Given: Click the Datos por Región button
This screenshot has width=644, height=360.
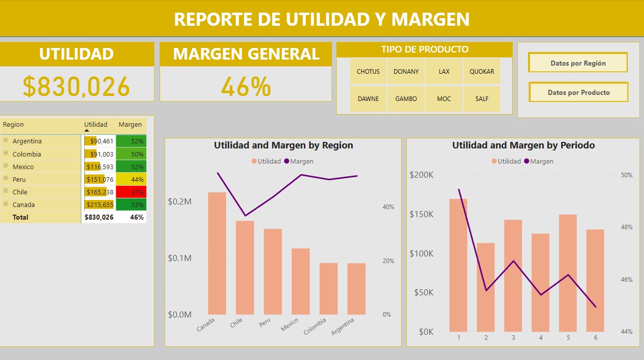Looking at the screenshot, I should tap(578, 63).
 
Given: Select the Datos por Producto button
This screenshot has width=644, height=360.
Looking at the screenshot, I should tap(578, 92).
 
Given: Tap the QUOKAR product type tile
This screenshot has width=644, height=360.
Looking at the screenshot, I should tap(481, 71).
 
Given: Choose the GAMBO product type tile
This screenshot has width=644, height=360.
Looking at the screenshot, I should tap(406, 98).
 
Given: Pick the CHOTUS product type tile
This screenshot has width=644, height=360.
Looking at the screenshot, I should tap(368, 71).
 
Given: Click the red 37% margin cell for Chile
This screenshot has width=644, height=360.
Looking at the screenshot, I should tap(131, 192).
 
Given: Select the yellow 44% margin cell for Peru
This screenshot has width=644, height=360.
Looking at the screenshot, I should tap(131, 179).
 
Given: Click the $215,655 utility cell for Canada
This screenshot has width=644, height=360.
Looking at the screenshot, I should tap(99, 204).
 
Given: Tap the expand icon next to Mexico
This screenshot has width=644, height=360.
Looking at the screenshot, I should tap(6, 166).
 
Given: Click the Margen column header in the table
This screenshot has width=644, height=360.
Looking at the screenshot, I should tap(130, 125).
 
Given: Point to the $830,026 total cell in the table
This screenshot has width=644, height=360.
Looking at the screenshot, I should tap(99, 217).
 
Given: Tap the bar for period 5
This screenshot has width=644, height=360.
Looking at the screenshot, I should tap(568, 273).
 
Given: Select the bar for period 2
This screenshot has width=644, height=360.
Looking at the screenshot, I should tap(486, 287).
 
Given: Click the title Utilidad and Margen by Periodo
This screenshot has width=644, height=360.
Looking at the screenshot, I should tap(523, 145).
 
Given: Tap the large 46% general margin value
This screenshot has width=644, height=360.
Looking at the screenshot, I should tap(246, 87).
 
